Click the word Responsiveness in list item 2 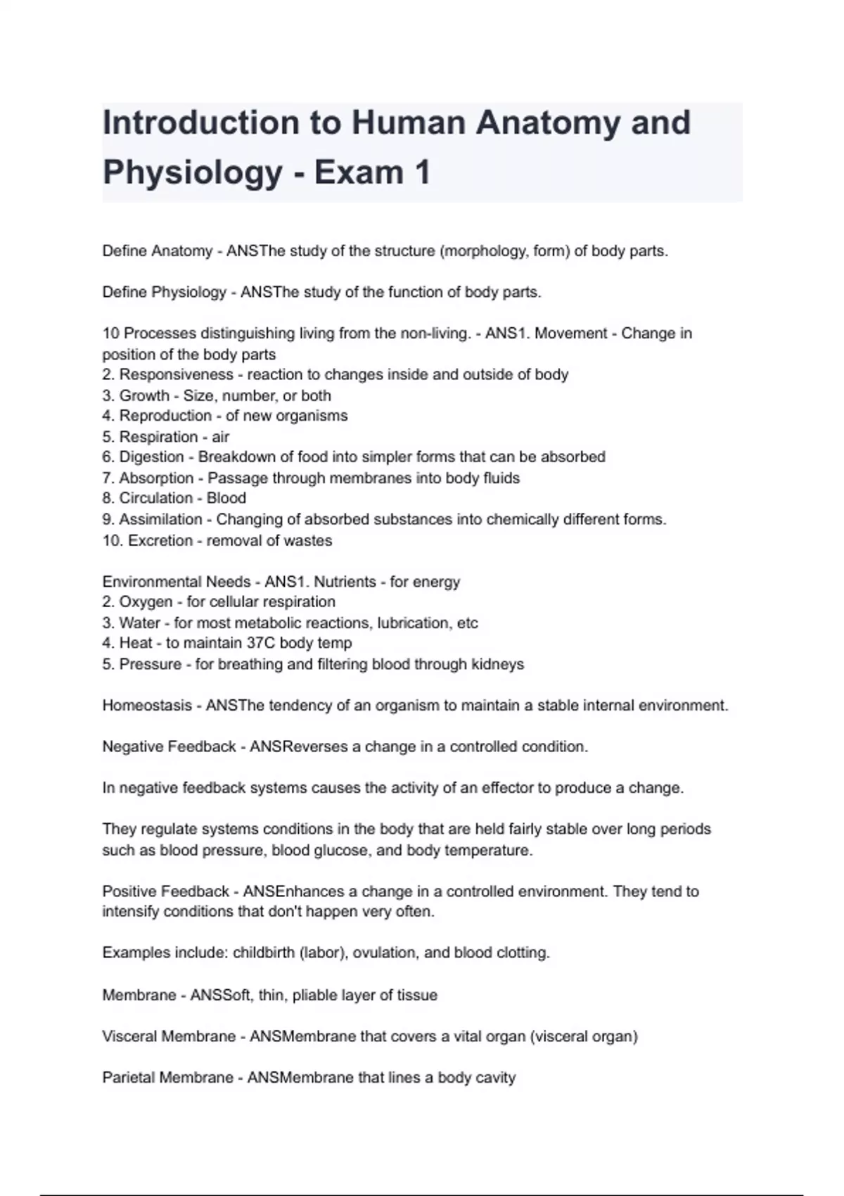[176, 374]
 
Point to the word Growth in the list [144, 395]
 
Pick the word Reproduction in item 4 [165, 416]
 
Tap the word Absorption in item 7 [156, 478]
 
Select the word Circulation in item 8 [156, 498]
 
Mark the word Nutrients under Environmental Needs [345, 582]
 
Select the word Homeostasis [147, 706]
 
